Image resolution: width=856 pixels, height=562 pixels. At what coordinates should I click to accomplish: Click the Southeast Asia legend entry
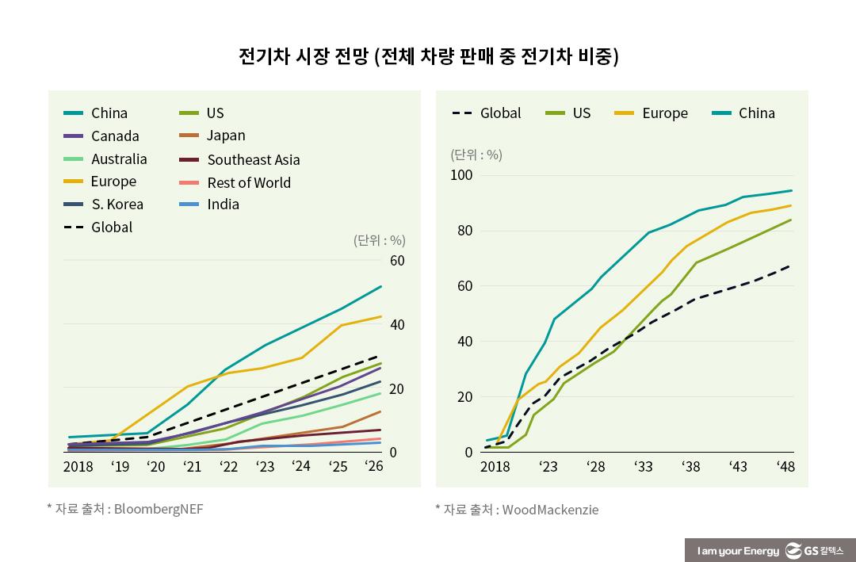pyautogui.click(x=253, y=159)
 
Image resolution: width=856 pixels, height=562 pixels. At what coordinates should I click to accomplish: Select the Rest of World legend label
pyautogui.click(x=248, y=182)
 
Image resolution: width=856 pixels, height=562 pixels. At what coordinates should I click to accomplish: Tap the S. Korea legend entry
pyautogui.click(x=117, y=204)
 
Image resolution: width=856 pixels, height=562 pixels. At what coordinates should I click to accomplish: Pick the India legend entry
pyautogui.click(x=223, y=204)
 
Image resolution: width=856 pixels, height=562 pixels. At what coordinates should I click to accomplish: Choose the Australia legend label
pyautogui.click(x=119, y=159)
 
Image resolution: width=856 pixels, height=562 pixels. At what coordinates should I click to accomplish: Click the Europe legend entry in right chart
pyautogui.click(x=664, y=113)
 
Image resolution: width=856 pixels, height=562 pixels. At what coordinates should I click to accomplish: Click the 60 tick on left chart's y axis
pyautogui.click(x=397, y=261)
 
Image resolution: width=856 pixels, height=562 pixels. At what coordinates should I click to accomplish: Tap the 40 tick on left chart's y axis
pyautogui.click(x=397, y=325)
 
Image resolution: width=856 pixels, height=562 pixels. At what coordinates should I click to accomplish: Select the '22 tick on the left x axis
pyautogui.click(x=228, y=467)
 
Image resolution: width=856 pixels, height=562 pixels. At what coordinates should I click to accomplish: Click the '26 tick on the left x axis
pyautogui.click(x=373, y=467)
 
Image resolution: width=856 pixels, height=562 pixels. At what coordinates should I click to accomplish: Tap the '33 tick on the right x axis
pyautogui.click(x=643, y=467)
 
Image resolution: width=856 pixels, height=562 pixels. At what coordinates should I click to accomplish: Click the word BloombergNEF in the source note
pyautogui.click(x=159, y=508)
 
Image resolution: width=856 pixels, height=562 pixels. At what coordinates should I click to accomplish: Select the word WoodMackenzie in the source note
pyautogui.click(x=549, y=510)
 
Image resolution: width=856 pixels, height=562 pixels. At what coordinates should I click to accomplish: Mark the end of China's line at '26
pyautogui.click(x=381, y=286)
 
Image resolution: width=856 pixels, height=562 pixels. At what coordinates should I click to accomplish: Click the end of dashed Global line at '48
pyautogui.click(x=790, y=266)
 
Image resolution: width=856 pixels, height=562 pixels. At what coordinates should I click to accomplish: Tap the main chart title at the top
pyautogui.click(x=428, y=56)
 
